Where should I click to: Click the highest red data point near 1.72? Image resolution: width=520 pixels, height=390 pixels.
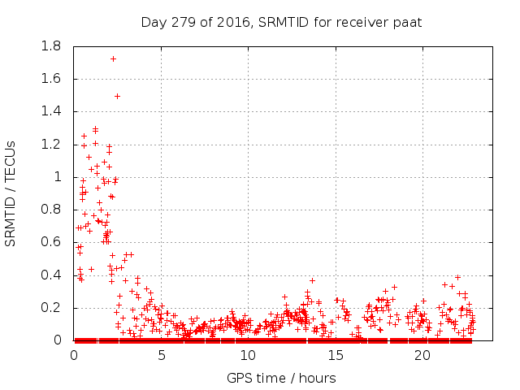pos(113,58)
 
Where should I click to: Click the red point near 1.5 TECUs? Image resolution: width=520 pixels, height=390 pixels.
pos(117,96)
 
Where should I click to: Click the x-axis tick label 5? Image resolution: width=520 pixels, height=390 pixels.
pos(161,355)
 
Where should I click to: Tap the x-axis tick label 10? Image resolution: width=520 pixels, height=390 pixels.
pos(248,355)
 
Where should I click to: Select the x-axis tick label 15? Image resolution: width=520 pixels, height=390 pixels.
pos(335,355)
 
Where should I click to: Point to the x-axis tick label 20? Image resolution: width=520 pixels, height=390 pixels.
pos(422,355)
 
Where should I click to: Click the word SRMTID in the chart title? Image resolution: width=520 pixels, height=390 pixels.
pos(283,22)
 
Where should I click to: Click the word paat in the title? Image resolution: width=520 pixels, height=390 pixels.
pos(406,22)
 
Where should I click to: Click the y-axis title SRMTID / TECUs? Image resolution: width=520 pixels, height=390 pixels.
pos(11,193)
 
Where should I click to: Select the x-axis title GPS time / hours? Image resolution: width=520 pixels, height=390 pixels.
pos(280,378)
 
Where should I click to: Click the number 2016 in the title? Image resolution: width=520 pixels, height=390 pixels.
pos(233,22)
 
